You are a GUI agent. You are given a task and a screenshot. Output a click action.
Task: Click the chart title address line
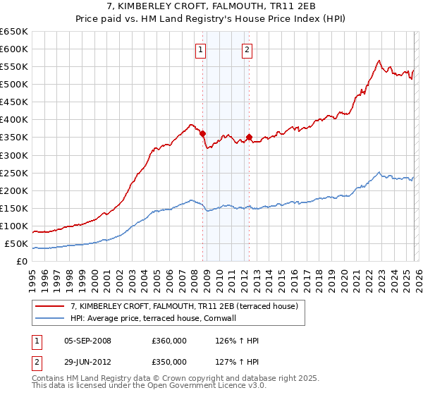click(211, 6)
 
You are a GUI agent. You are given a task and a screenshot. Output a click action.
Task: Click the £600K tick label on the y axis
click(14, 49)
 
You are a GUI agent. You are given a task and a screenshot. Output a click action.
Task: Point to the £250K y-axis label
click(14, 173)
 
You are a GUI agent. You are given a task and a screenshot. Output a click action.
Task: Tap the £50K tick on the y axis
click(16, 244)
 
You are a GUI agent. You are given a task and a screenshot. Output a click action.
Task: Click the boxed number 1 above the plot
click(202, 49)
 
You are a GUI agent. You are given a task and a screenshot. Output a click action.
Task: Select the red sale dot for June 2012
click(249, 137)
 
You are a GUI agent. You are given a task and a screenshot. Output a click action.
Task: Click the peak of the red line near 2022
click(379, 60)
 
